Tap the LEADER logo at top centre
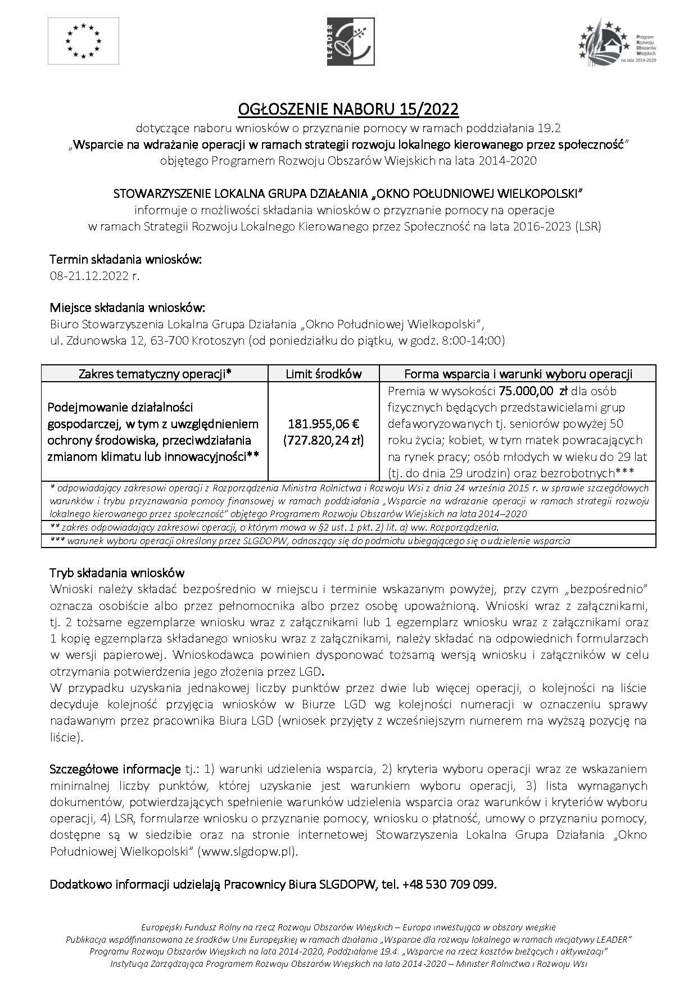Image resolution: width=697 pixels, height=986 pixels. coord(351,41)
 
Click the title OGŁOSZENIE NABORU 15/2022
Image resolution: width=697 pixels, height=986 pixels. coord(348,108)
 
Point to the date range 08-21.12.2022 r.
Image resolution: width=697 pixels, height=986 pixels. coord(94,276)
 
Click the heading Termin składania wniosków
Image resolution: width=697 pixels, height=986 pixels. coord(125,260)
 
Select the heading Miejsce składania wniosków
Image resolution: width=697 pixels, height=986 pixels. coord(128,308)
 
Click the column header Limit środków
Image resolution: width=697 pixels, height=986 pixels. coord(324,374)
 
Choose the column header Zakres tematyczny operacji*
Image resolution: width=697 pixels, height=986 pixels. coord(155,374)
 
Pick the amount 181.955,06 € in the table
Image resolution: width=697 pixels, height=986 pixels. coord(324,424)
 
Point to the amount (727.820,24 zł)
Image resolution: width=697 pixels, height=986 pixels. coord(324,440)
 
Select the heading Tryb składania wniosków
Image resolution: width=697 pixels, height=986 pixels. coord(117,573)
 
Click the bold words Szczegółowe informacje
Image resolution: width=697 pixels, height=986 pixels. coord(115,769)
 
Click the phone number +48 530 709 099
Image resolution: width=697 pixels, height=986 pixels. coord(449,884)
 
